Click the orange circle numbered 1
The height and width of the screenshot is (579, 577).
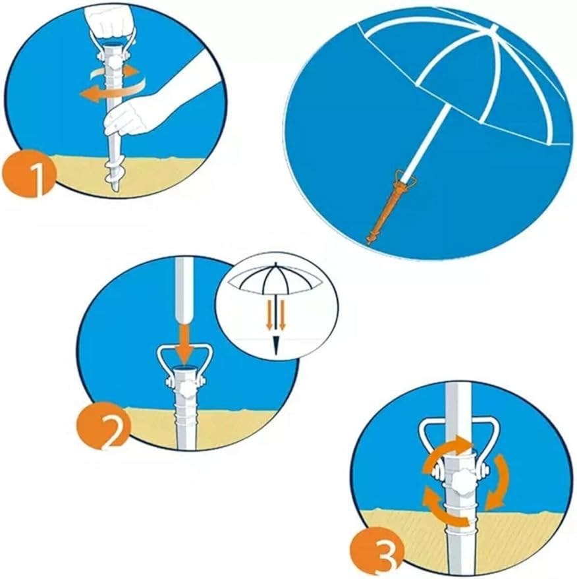[x=29, y=173]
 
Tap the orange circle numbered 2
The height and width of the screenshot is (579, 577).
[x=103, y=427]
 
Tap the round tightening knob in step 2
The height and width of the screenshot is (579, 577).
[x=187, y=389]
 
